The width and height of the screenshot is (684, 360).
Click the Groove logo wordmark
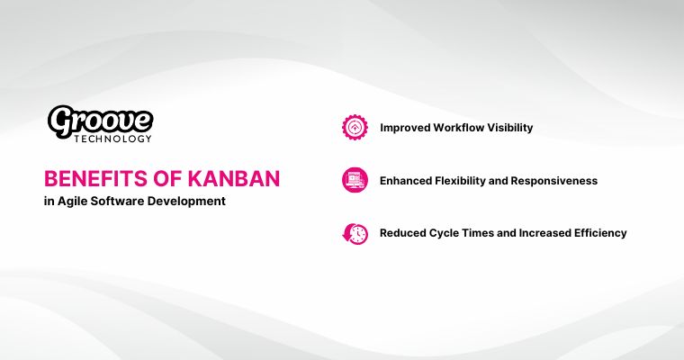pos(100,120)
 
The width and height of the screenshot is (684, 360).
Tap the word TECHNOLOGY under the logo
pos(112,139)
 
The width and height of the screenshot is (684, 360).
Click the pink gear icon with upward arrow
pos(355,127)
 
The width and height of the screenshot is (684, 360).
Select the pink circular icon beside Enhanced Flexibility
pos(355,180)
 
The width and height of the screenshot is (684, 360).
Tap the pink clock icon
pos(355,233)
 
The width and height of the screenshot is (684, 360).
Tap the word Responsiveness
pos(558,181)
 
